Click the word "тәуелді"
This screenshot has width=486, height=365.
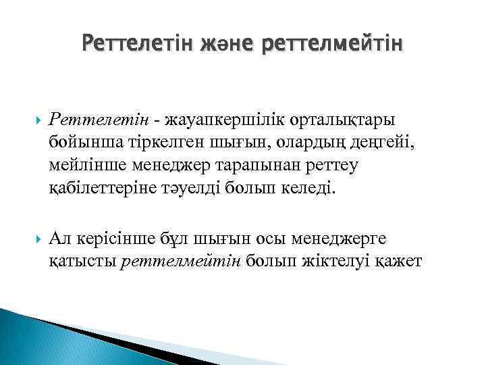tap(196, 189)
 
